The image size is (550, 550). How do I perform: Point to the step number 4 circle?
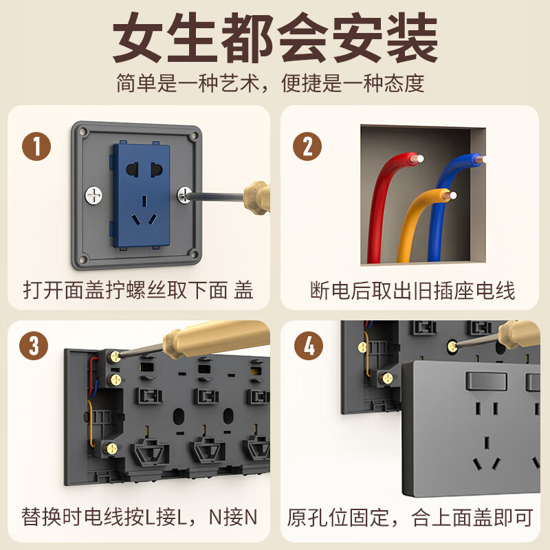coord(309,346)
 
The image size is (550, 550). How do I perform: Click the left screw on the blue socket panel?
coord(93,196)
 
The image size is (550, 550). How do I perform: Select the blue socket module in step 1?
coord(144,195)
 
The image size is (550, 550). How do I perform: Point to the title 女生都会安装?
coord(275,40)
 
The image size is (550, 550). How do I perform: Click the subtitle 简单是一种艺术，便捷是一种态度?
coord(275,83)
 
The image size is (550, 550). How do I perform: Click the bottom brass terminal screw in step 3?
coord(109,448)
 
